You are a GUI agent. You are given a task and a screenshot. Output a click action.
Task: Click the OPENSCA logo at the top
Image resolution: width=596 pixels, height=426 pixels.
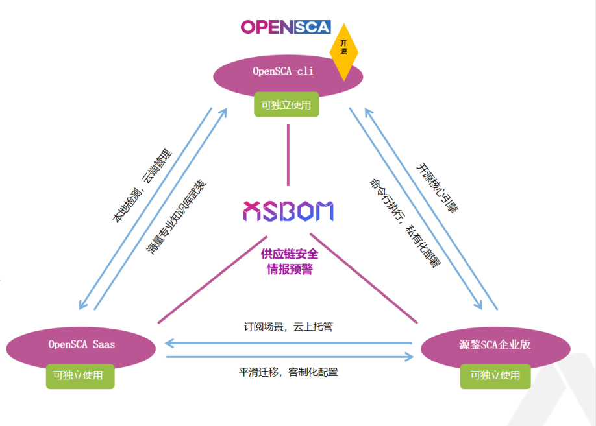(x=286, y=27)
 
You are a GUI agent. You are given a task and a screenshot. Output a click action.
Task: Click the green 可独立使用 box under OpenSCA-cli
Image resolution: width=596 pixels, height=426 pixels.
(x=286, y=104)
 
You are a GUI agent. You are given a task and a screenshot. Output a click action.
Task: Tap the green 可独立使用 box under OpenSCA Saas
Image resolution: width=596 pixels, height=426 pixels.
(x=80, y=375)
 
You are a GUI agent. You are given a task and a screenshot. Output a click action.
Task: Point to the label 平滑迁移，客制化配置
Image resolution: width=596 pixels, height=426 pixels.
(x=288, y=372)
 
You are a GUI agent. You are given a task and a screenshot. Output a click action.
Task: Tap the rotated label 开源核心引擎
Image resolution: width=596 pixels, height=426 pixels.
(x=437, y=188)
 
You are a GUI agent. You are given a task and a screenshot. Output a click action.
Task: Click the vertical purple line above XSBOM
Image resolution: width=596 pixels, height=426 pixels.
(x=288, y=156)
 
